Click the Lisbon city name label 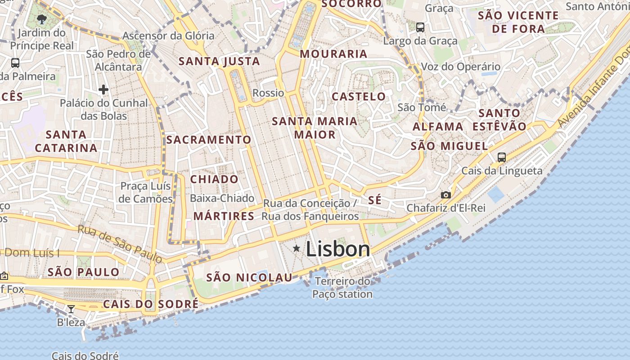pyautogui.click(x=337, y=249)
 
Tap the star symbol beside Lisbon pyautogui.click(x=297, y=248)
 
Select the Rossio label pyautogui.click(x=268, y=93)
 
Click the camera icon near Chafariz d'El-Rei pyautogui.click(x=445, y=195)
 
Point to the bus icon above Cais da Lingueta pyautogui.click(x=502, y=157)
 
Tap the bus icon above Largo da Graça pyautogui.click(x=420, y=27)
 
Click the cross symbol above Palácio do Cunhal pyautogui.click(x=103, y=90)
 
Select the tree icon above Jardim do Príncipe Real pyautogui.click(x=42, y=19)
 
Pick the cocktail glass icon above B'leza pyautogui.click(x=71, y=309)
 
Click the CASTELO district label pyautogui.click(x=359, y=96)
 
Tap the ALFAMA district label pyautogui.click(x=438, y=126)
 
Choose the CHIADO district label pyautogui.click(x=214, y=179)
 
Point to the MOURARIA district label pyautogui.click(x=333, y=54)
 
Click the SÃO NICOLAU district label pyautogui.click(x=249, y=278)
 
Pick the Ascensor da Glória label pyautogui.click(x=168, y=36)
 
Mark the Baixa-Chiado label pyautogui.click(x=222, y=198)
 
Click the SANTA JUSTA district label pyautogui.click(x=220, y=61)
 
